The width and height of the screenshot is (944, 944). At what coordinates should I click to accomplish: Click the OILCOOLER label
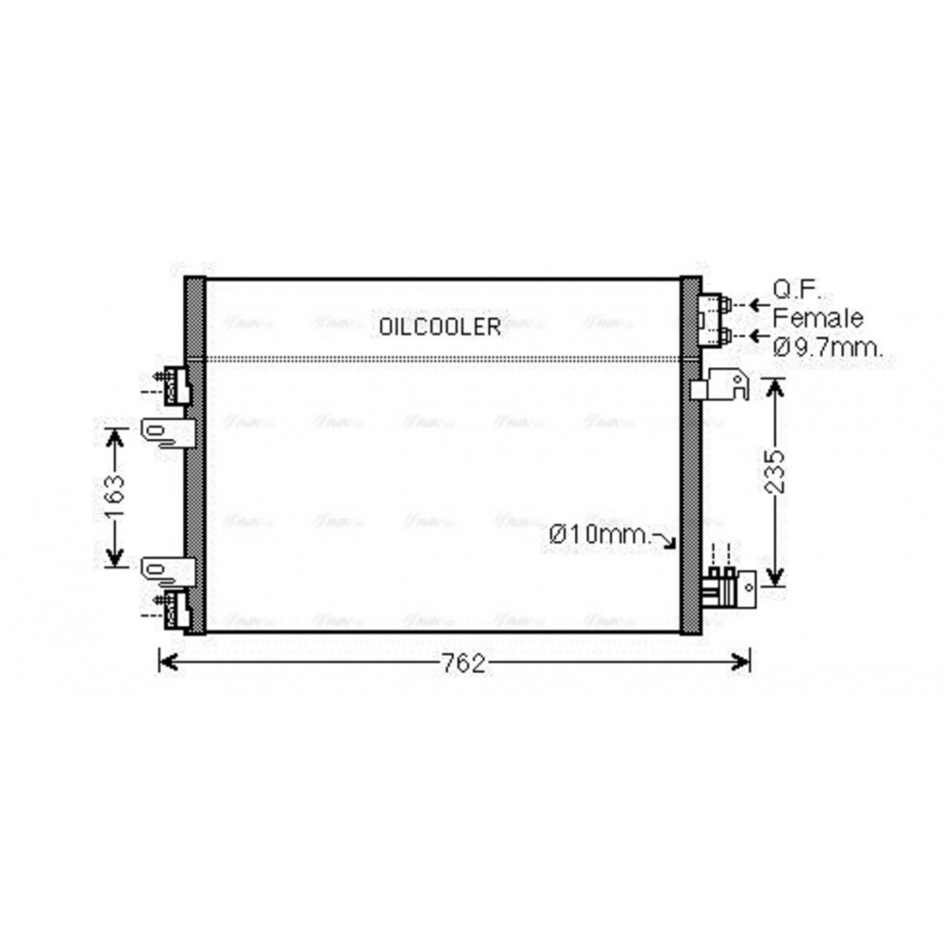point(440,327)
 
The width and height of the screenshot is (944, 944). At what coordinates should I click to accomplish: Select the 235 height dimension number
point(774,472)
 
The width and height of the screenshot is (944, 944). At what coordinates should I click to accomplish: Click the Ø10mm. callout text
point(600,535)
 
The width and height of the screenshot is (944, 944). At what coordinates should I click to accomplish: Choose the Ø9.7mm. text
point(828,347)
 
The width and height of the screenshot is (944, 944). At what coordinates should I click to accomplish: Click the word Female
point(818,317)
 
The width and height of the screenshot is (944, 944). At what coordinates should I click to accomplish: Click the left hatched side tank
point(194,454)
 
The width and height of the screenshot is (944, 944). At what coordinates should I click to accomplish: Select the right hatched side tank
point(691,454)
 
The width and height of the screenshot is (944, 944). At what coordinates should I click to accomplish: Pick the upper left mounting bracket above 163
point(169,431)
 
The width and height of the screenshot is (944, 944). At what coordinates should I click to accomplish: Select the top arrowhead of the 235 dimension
point(774,385)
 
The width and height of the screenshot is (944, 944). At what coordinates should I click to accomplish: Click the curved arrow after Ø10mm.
point(669,540)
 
